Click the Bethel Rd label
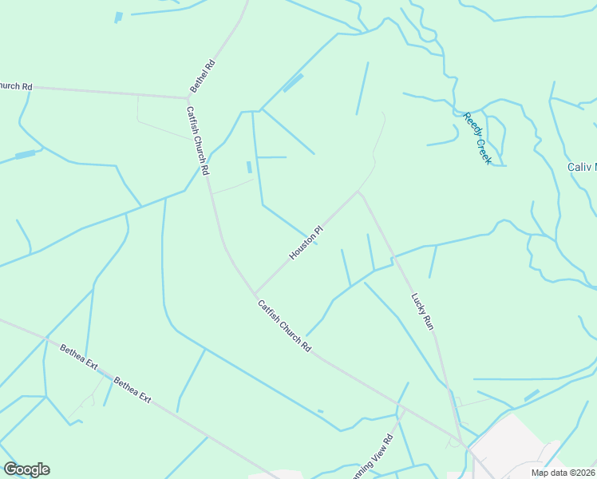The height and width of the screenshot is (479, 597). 202,75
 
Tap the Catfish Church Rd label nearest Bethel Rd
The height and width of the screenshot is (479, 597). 197,141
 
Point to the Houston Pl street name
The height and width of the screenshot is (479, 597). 306,242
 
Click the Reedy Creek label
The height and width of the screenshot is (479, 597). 477,138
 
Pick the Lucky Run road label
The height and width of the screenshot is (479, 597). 421,311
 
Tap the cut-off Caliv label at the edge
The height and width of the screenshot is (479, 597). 582,167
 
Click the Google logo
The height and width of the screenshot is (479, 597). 26,469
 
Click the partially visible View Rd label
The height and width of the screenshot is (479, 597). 374,456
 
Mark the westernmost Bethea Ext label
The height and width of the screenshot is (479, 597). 78,358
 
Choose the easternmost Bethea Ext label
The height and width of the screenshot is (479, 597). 132,390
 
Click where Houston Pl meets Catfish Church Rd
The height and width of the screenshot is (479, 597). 255,293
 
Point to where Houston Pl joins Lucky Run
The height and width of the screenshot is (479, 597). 360,192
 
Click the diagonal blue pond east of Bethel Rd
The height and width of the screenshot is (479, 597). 293,83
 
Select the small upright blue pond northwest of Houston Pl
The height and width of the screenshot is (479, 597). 249,168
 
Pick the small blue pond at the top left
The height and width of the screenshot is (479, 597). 119,17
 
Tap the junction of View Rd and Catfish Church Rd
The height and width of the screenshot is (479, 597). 404,410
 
